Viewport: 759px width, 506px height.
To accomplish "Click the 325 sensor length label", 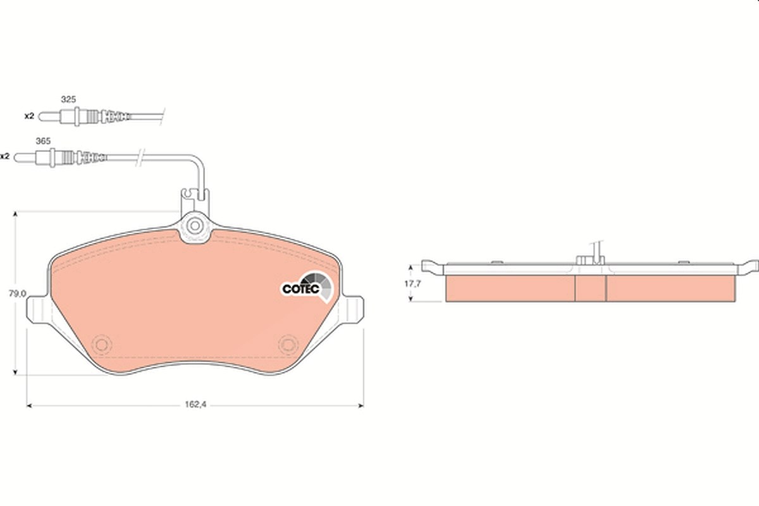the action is (x=68, y=99).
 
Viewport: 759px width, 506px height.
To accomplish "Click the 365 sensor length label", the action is (x=43, y=141).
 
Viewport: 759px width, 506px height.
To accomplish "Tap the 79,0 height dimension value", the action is (x=17, y=293).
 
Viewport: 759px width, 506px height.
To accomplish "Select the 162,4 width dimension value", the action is (x=195, y=404).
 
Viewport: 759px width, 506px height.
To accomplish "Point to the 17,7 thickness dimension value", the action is (x=412, y=283).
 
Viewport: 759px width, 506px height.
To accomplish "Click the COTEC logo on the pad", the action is (x=307, y=287).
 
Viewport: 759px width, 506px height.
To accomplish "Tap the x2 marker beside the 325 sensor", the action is (x=30, y=116).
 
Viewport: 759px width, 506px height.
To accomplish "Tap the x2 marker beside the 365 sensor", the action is (x=5, y=157).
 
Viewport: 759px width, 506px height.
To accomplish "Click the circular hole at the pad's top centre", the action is (x=195, y=226).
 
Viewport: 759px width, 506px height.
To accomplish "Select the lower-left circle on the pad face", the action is (x=102, y=345).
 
